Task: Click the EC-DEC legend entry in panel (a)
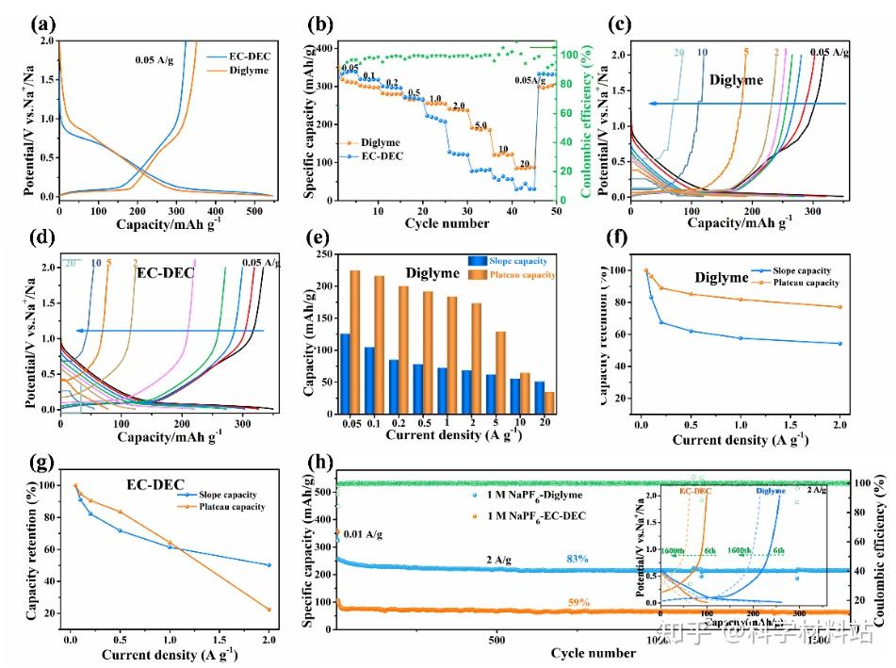pos(244,57)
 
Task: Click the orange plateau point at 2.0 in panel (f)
pos(839,307)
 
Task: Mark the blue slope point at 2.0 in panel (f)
pos(839,344)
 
